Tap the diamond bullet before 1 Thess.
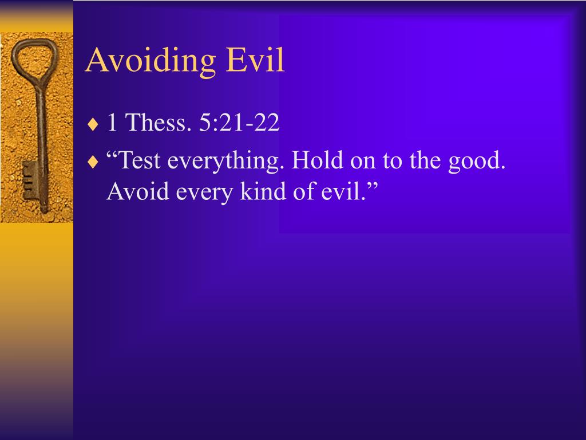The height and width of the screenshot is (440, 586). point(93,124)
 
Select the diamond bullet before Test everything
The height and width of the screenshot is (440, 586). point(93,162)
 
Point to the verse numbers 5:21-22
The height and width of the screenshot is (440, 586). point(239,123)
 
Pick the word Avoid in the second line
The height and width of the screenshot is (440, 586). point(138,192)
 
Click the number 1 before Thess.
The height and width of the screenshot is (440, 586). point(113,123)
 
